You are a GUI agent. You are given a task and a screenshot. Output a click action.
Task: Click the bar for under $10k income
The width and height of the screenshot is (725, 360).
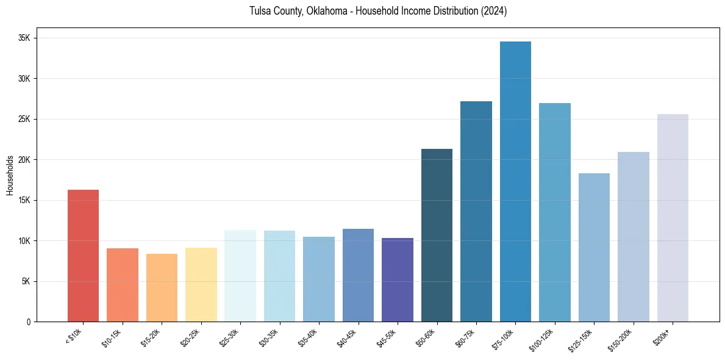click(x=83, y=256)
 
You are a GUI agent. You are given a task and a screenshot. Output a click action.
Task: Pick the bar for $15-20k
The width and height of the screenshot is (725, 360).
click(x=162, y=287)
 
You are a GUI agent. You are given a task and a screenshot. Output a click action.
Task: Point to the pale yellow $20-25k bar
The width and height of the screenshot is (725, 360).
click(x=201, y=284)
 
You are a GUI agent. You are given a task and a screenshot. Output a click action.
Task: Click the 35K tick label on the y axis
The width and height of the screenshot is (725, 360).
click(x=24, y=38)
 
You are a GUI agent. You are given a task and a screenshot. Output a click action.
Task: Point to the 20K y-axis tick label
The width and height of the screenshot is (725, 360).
click(x=24, y=160)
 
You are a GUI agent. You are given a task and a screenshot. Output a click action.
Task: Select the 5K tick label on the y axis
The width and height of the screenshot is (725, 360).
click(x=26, y=281)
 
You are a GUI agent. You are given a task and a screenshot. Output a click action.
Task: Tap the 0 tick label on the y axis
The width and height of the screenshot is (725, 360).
click(x=28, y=322)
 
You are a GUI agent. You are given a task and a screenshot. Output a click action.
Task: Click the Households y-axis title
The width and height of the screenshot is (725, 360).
click(x=10, y=175)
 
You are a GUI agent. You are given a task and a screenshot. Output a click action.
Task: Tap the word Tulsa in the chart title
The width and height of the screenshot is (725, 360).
click(x=260, y=12)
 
